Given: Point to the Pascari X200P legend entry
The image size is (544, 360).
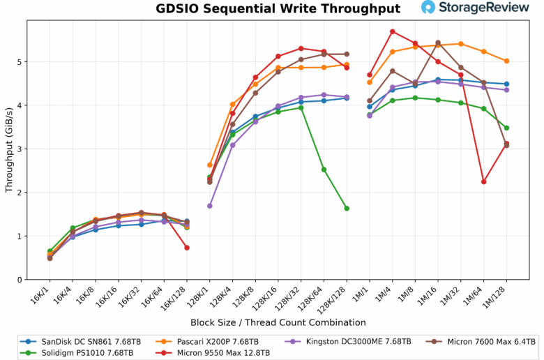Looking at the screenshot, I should [222, 341].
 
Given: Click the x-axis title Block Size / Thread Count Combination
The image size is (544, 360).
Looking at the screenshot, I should [278, 322].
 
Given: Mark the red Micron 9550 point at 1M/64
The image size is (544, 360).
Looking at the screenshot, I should [483, 181].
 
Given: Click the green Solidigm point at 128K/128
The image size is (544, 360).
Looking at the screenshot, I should [347, 208].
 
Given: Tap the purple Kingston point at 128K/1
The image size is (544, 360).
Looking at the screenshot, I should [210, 206].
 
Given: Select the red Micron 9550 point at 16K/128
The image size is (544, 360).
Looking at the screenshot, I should [187, 248].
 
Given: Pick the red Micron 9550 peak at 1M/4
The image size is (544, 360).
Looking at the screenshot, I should [393, 31].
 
